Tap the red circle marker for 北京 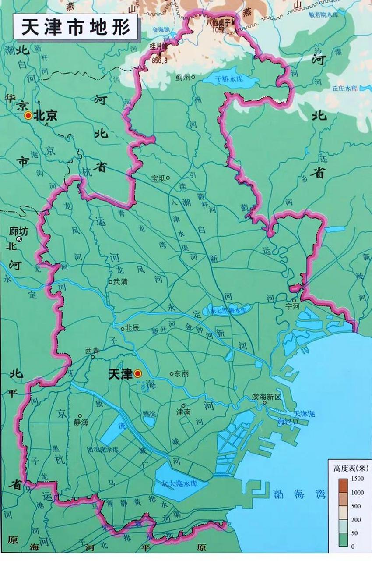click(x=28, y=115)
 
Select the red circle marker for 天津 click(x=137, y=373)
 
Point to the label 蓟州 click(x=182, y=77)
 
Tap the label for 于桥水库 click(x=229, y=79)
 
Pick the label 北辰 click(x=132, y=327)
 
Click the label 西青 click(x=92, y=350)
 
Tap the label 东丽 click(x=181, y=374)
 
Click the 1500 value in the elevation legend click(x=357, y=478)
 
